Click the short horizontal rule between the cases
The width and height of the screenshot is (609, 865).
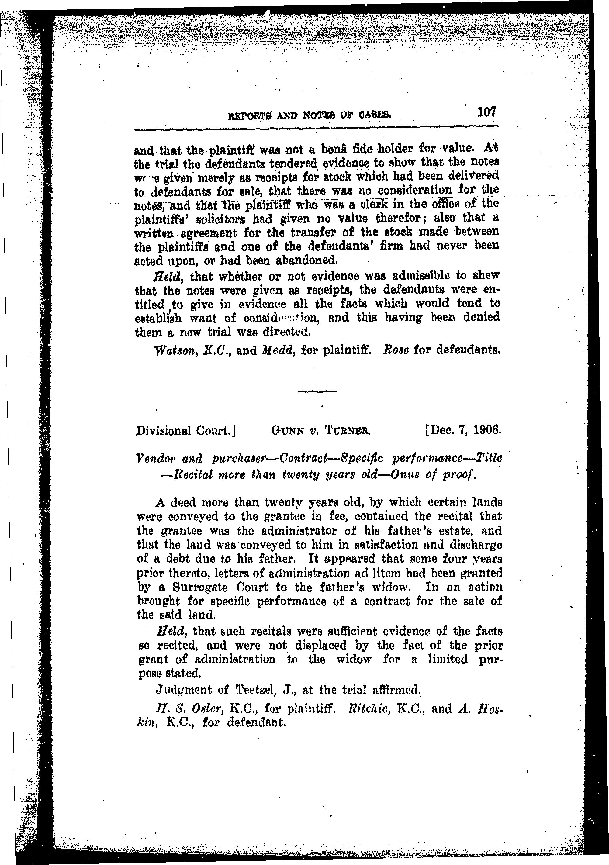pos(317,392)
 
